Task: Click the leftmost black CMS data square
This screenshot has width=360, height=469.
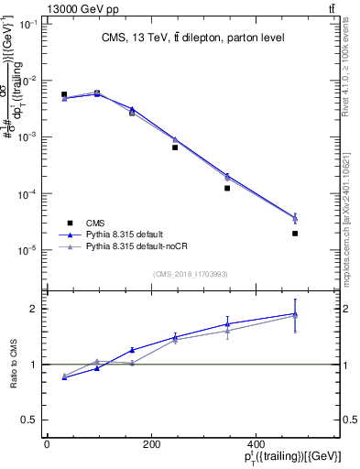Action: (x=64, y=94)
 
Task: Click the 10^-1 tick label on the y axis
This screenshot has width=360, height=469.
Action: (x=27, y=24)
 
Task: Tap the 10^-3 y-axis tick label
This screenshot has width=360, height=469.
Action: (x=27, y=136)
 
